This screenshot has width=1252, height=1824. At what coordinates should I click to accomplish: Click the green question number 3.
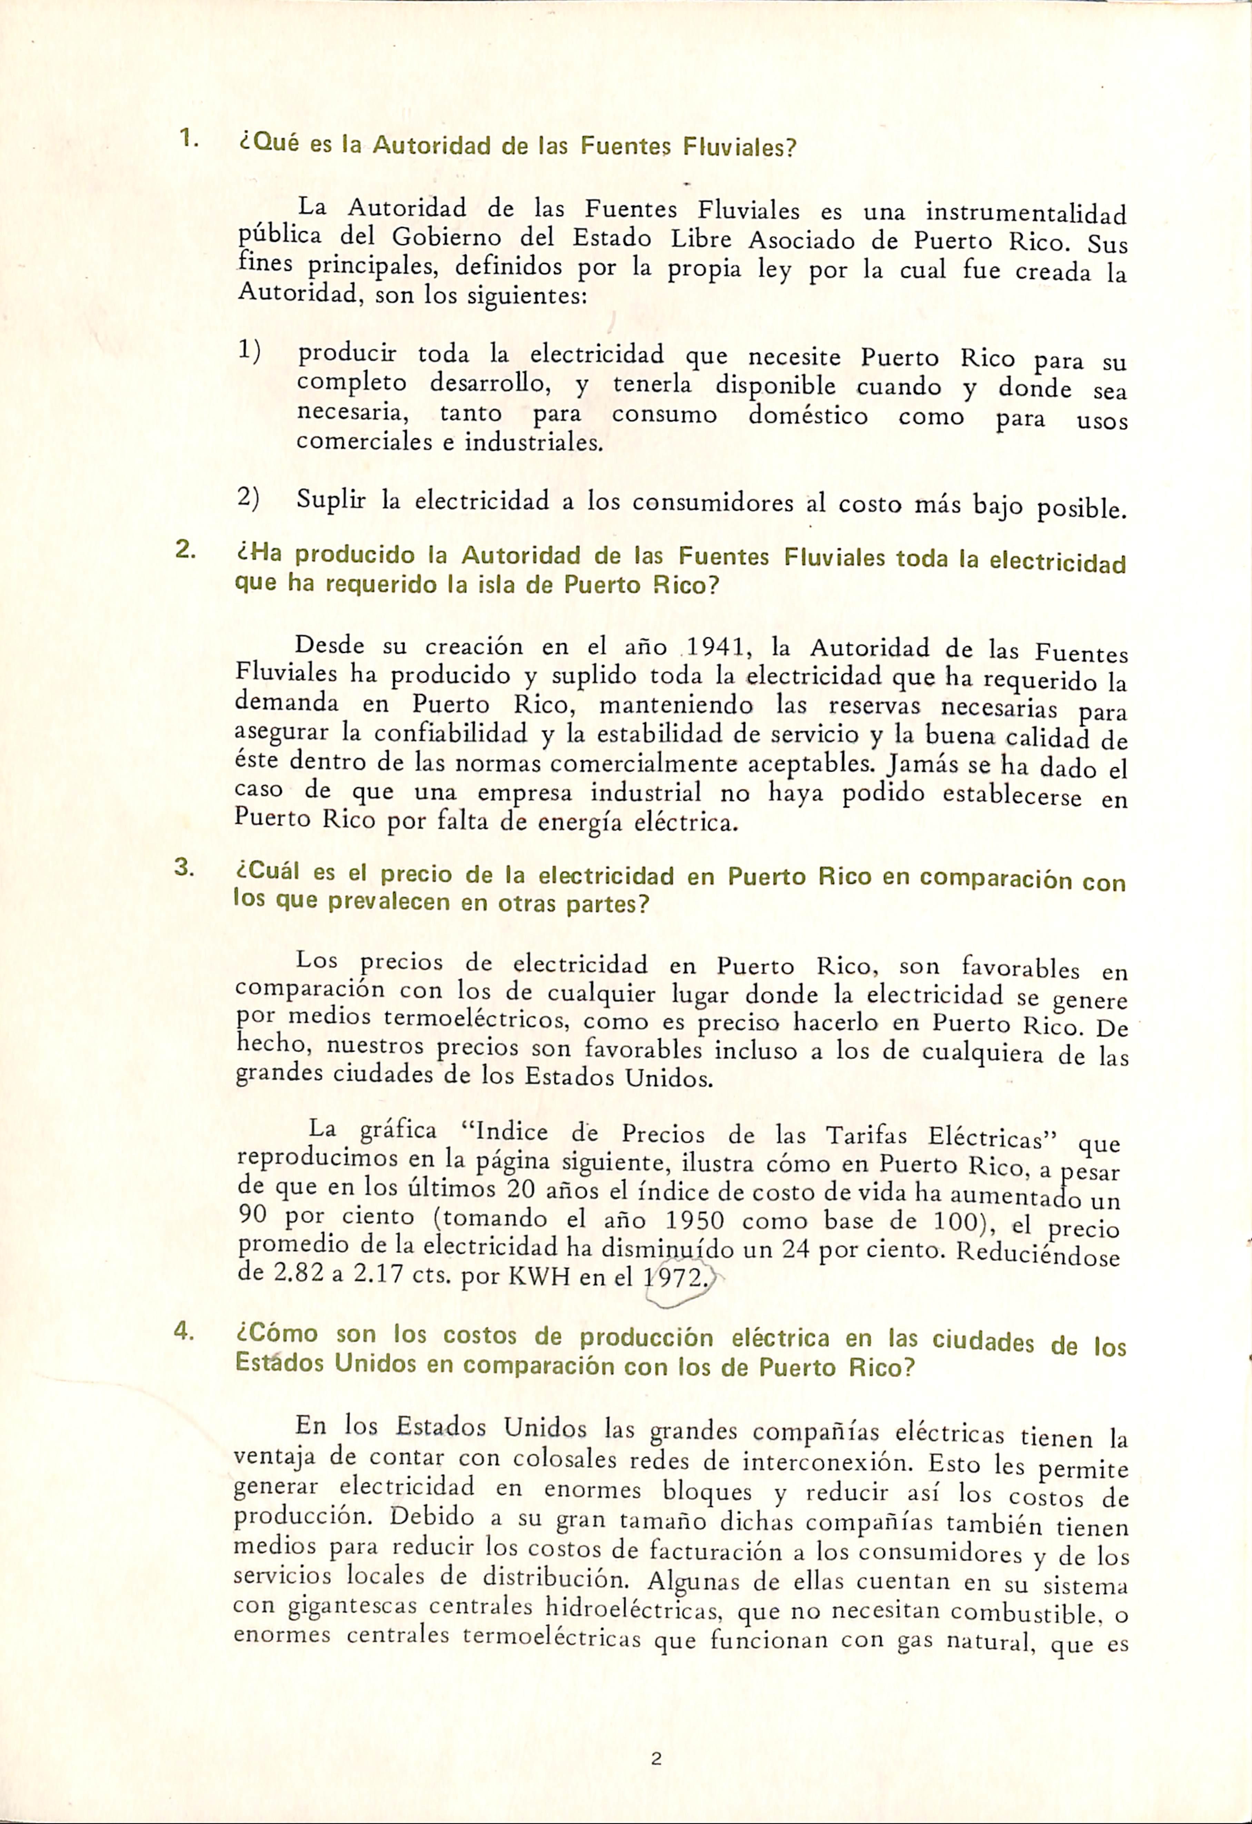coord(184,868)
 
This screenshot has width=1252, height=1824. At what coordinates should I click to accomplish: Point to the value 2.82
coord(294,1274)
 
